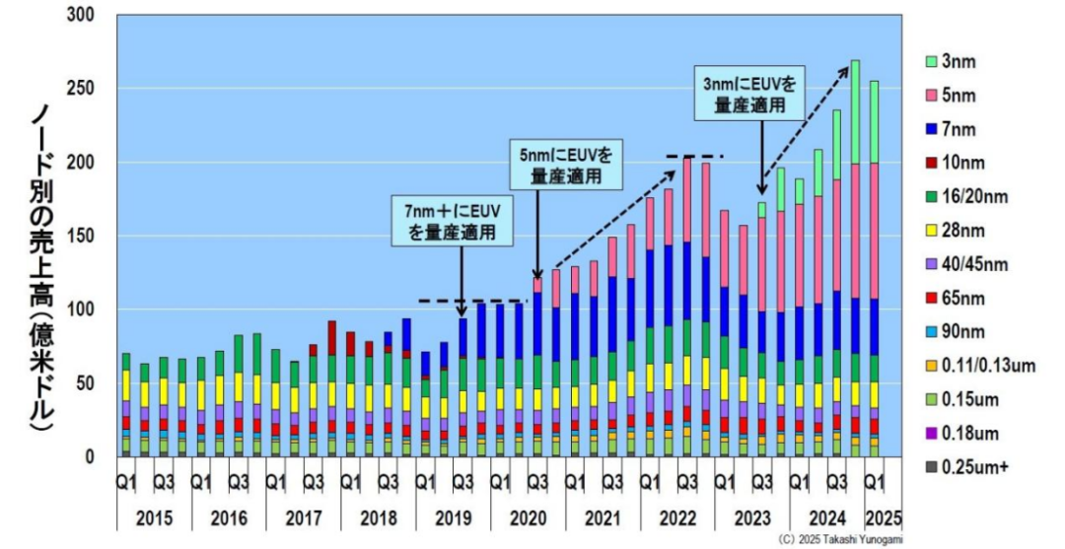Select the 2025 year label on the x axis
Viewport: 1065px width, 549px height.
tap(883, 518)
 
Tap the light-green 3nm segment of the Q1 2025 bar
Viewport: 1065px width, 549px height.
tap(874, 122)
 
